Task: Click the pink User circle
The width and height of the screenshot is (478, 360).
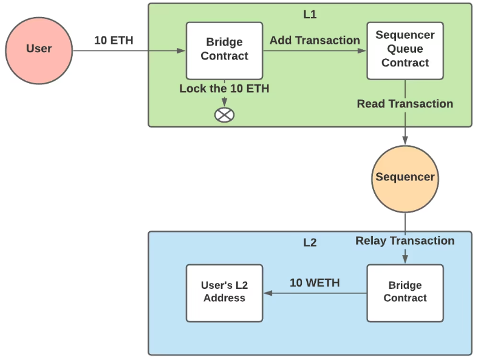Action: [39, 49]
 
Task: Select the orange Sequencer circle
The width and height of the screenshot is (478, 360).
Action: [405, 177]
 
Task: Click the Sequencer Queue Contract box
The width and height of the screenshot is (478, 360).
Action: [405, 50]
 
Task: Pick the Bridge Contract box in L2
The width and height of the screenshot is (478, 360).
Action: [405, 293]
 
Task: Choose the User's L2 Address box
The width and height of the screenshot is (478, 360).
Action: [224, 293]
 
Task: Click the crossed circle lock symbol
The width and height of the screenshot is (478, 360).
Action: [225, 114]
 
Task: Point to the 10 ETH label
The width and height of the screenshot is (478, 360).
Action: [114, 41]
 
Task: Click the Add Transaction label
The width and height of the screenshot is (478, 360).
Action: [315, 40]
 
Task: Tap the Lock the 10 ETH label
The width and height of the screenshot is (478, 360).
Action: [224, 89]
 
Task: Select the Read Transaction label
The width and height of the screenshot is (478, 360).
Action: [405, 104]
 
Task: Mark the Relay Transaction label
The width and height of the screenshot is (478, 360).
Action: [405, 241]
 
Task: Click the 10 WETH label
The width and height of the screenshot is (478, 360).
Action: [315, 283]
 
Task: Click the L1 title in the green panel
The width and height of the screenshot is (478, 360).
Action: [310, 15]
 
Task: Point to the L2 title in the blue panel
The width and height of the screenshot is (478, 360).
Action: [310, 243]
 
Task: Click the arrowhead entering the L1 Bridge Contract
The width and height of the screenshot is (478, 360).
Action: [182, 51]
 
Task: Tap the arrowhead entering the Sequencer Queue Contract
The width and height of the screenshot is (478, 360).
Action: [363, 51]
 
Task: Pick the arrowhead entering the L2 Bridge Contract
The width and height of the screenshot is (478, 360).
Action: [405, 260]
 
